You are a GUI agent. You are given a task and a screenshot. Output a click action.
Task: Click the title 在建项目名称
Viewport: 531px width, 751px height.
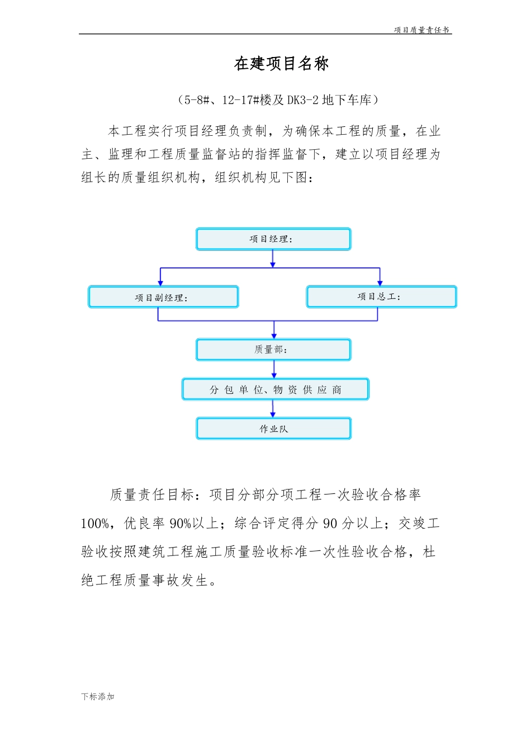point(281,64)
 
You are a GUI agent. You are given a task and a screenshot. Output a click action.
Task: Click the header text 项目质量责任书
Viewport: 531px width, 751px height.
point(421,30)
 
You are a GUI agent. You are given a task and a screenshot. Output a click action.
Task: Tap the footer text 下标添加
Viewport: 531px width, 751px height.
point(98,697)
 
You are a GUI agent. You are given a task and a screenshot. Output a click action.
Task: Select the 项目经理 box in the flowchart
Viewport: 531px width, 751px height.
point(273,239)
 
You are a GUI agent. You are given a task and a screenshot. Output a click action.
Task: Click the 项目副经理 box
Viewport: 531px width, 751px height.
point(163,297)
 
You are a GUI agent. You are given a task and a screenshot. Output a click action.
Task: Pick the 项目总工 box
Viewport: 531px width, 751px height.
point(381,297)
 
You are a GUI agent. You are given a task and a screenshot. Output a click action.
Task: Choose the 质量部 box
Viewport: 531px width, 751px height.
point(273,350)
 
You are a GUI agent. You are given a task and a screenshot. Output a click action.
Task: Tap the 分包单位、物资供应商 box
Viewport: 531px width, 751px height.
point(275,389)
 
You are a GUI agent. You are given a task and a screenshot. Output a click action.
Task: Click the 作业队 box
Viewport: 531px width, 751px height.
point(273,429)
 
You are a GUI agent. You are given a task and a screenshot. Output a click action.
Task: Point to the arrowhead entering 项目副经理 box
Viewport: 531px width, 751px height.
point(160,283)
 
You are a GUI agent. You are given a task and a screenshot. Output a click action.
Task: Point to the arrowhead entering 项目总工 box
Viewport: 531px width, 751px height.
point(380,283)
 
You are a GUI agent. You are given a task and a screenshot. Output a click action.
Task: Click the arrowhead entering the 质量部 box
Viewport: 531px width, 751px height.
point(274,335)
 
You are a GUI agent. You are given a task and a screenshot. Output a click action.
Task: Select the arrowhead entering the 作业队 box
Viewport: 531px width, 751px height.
point(273,415)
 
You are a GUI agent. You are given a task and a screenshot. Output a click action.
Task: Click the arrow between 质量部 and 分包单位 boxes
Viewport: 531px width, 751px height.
point(274,369)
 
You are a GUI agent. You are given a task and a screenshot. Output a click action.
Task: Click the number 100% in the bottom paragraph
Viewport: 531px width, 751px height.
point(95,524)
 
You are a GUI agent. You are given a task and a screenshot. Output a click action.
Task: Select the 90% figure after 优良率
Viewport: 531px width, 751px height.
point(181,524)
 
